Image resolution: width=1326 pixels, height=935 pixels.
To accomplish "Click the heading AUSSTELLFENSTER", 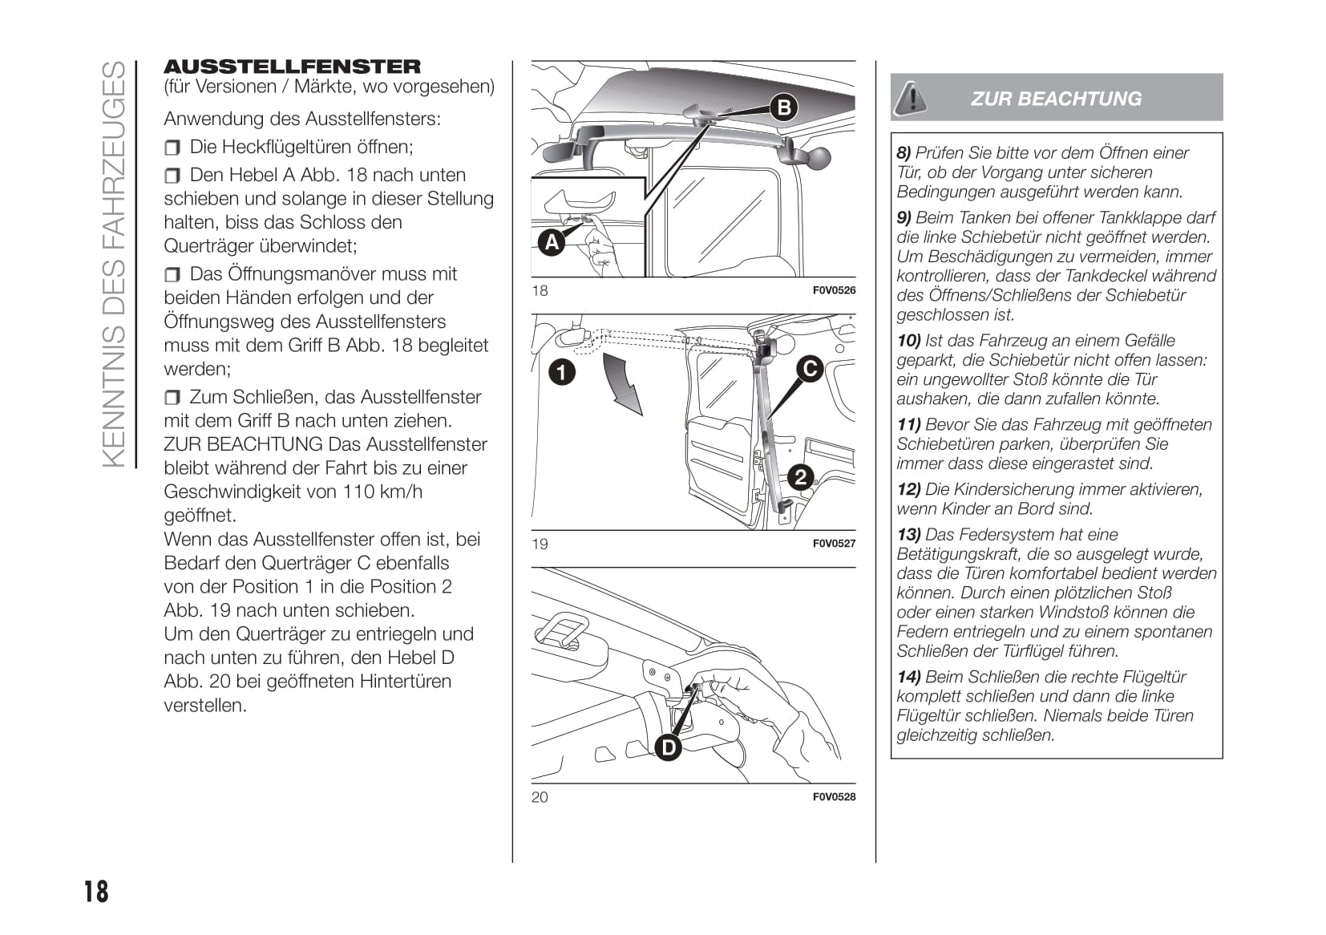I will pyautogui.click(x=292, y=67).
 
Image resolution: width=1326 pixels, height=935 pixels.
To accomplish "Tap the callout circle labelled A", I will pyautogui.click(x=552, y=241).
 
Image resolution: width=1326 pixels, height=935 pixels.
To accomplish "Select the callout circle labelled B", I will pyautogui.click(x=784, y=107).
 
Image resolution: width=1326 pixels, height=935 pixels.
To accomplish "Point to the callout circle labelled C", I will pyautogui.click(x=810, y=368).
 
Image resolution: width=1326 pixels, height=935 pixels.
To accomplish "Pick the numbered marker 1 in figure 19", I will pyautogui.click(x=562, y=371).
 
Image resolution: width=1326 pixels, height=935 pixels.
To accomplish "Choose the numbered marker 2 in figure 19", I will pyautogui.click(x=800, y=477).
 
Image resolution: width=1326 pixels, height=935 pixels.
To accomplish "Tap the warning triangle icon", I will pyautogui.click(x=911, y=98).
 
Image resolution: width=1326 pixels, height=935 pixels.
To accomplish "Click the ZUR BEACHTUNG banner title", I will pyautogui.click(x=1056, y=99).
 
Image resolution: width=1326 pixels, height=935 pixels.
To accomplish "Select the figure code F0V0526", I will pyautogui.click(x=834, y=290).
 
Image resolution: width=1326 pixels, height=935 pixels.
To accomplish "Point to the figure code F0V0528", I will pyautogui.click(x=834, y=796).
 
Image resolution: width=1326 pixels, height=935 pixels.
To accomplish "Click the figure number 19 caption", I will pyautogui.click(x=540, y=544).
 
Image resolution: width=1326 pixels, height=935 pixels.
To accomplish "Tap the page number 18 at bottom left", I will pyautogui.click(x=96, y=892).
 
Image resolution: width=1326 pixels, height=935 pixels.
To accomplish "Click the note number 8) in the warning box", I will pyautogui.click(x=904, y=152).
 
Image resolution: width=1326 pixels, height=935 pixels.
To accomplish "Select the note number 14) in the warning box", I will pyautogui.click(x=908, y=677).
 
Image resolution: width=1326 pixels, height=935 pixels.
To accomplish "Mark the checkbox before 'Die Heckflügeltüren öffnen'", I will pyautogui.click(x=173, y=148).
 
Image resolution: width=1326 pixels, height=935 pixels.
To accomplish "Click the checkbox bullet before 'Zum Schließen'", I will pyautogui.click(x=173, y=398).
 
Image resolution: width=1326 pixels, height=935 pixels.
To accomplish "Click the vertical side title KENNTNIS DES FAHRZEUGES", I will pyautogui.click(x=115, y=265).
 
